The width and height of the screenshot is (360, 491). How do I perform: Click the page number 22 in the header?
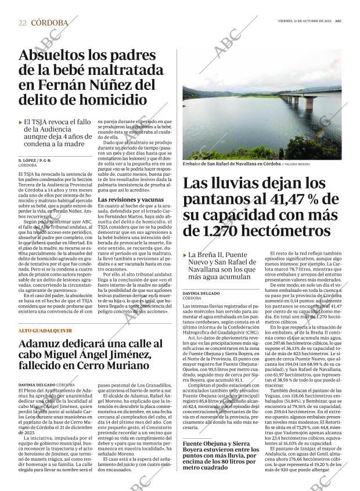(22, 23)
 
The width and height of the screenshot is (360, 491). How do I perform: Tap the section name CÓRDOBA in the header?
(49, 23)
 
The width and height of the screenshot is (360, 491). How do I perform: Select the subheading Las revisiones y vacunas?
(123, 199)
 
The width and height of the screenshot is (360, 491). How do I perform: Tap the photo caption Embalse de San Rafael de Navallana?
(223, 164)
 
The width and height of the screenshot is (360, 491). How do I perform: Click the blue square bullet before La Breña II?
(185, 255)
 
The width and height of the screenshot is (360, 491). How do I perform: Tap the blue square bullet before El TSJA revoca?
(21, 122)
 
